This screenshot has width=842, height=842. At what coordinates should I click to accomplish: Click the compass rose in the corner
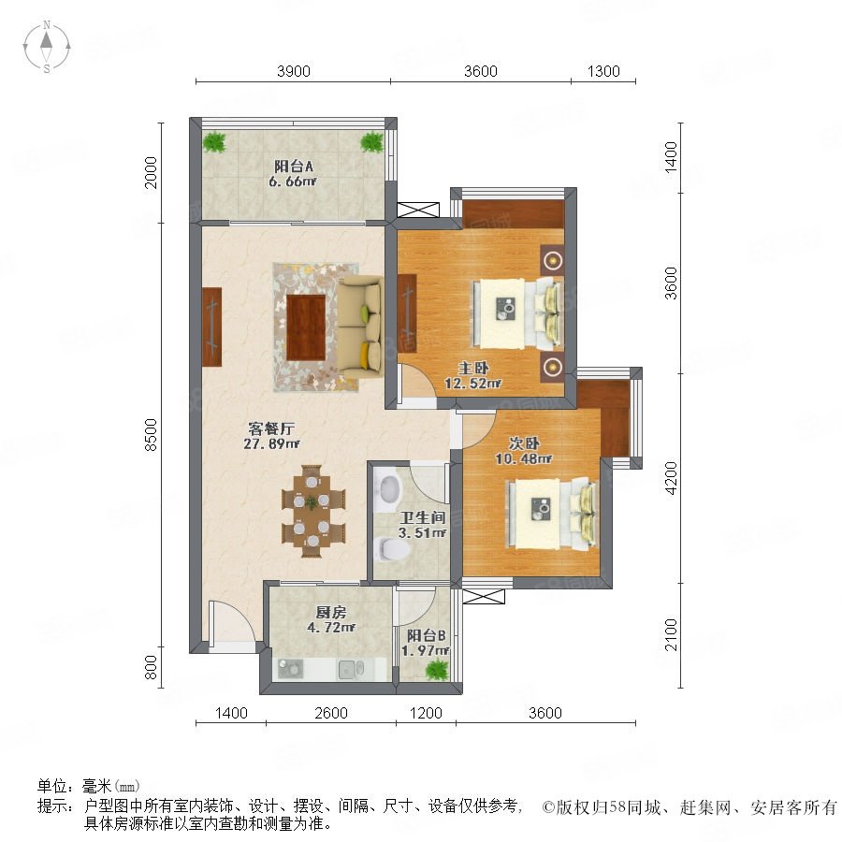click(x=47, y=46)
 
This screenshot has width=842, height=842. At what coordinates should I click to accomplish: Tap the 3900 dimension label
click(x=293, y=71)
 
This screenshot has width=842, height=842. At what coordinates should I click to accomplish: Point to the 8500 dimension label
click(x=152, y=434)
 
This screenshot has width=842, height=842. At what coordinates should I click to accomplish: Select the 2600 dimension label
click(x=331, y=713)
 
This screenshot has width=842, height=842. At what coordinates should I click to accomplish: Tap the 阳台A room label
click(x=293, y=166)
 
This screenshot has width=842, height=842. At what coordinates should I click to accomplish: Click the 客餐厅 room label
click(x=271, y=428)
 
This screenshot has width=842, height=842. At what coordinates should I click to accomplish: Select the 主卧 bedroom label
click(x=473, y=368)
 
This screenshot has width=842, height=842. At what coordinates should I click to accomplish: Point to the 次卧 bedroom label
click(x=524, y=443)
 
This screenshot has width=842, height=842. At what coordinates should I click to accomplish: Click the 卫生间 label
click(x=423, y=517)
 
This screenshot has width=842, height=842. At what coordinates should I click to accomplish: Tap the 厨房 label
click(x=331, y=612)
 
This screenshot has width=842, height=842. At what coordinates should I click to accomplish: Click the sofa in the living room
click(x=360, y=328)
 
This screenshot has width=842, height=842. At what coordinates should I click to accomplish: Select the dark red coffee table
click(x=306, y=327)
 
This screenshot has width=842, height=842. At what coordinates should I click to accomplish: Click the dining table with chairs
click(x=313, y=511)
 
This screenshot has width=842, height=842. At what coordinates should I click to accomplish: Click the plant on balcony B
click(x=437, y=670)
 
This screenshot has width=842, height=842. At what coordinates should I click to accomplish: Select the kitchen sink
click(x=351, y=669)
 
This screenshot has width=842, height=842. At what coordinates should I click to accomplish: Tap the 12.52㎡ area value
click(x=473, y=383)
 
